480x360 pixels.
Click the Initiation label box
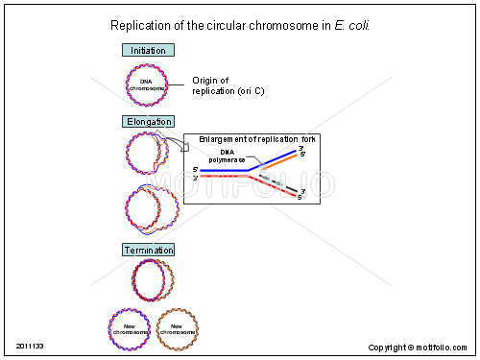(147, 50)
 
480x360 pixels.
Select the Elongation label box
(149, 122)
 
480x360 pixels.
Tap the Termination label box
(148, 251)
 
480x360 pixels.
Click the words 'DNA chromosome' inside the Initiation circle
(146, 84)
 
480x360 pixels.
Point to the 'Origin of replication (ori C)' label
(228, 85)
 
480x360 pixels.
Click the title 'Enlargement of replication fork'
(258, 140)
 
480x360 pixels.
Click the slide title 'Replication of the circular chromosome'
(220, 25)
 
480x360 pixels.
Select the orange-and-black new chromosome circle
(177, 328)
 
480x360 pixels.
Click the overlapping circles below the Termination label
(153, 280)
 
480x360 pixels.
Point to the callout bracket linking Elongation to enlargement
(182, 143)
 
